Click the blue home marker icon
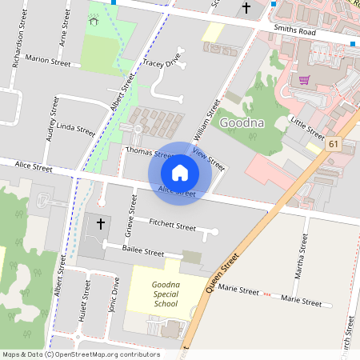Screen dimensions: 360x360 [180, 173]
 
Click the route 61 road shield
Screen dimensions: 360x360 [334, 143]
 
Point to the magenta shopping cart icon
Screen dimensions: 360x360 [304, 79]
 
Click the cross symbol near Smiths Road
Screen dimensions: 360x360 [246, 8]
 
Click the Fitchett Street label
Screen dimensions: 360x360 [173, 226]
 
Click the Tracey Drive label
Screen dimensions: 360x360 [159, 62]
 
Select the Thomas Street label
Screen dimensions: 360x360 [150, 152]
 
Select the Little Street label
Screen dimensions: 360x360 [308, 127]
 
